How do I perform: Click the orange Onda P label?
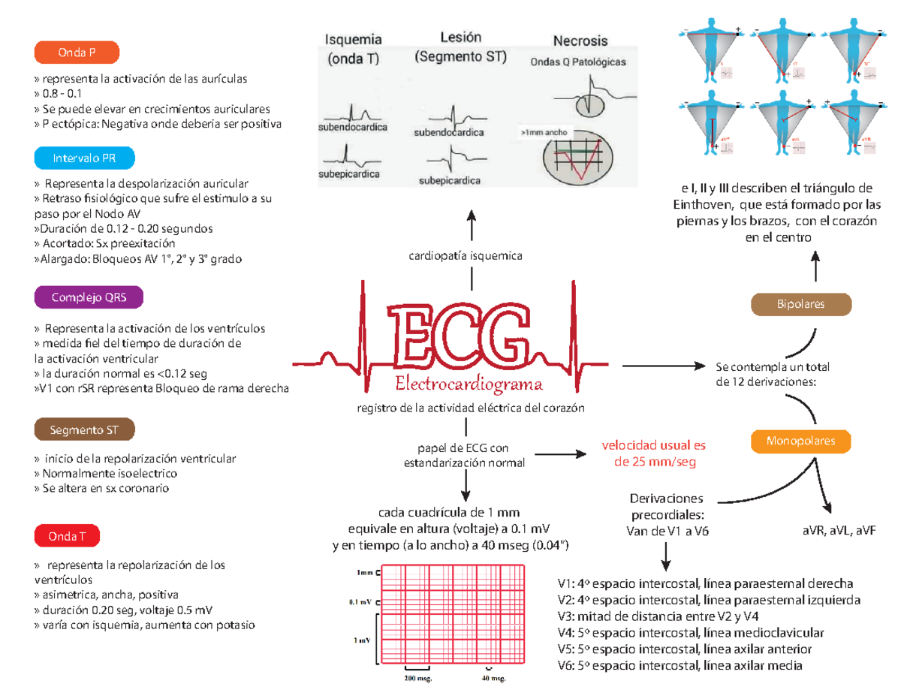tap(77, 53)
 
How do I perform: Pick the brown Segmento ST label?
tap(86, 430)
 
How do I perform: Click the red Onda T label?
tap(67, 537)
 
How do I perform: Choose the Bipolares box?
tap(801, 305)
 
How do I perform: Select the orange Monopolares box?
tap(801, 440)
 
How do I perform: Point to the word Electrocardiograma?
tap(469, 385)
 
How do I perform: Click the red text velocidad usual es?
tap(654, 444)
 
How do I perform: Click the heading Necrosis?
tap(580, 41)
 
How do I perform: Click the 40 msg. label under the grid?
tap(493, 679)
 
